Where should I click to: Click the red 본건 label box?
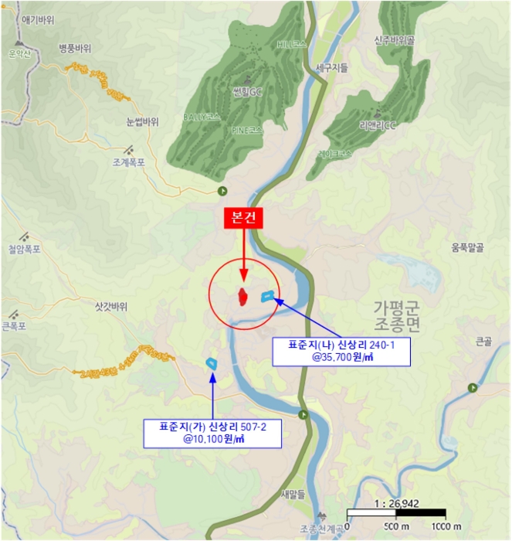point(243,219)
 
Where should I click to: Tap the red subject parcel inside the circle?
point(242,296)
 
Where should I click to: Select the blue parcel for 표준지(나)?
point(268,295)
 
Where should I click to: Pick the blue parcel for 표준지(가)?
point(211,362)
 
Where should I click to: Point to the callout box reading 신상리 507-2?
point(212,432)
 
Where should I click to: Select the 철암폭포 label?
point(24,249)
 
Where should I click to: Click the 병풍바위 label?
point(75,48)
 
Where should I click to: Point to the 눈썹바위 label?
point(142,121)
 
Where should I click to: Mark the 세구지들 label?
point(332,68)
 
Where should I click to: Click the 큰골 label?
point(483,341)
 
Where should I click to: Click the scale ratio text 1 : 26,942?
point(396,503)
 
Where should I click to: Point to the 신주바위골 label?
point(395,39)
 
